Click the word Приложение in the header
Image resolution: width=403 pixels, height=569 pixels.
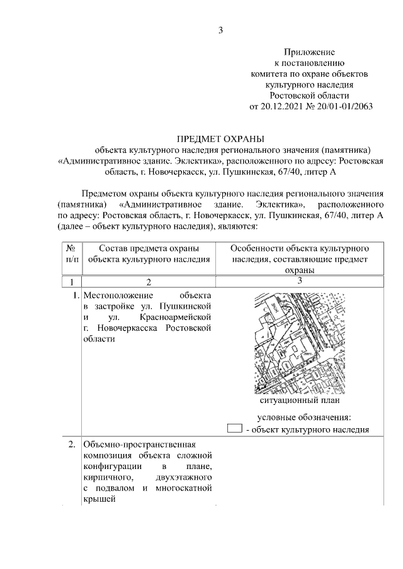click(309, 52)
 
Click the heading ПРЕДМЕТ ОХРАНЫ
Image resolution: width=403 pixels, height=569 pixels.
click(221, 138)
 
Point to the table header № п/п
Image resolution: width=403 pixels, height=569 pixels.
click(71, 252)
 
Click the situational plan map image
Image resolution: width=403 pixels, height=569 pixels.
click(300, 343)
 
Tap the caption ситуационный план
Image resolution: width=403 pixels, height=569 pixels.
click(300, 400)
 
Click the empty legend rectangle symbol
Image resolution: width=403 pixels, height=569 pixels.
click(234, 429)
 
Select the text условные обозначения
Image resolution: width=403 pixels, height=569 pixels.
click(304, 417)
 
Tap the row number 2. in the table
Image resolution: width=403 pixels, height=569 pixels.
click(72, 445)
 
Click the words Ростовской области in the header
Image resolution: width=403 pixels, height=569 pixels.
click(309, 94)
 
